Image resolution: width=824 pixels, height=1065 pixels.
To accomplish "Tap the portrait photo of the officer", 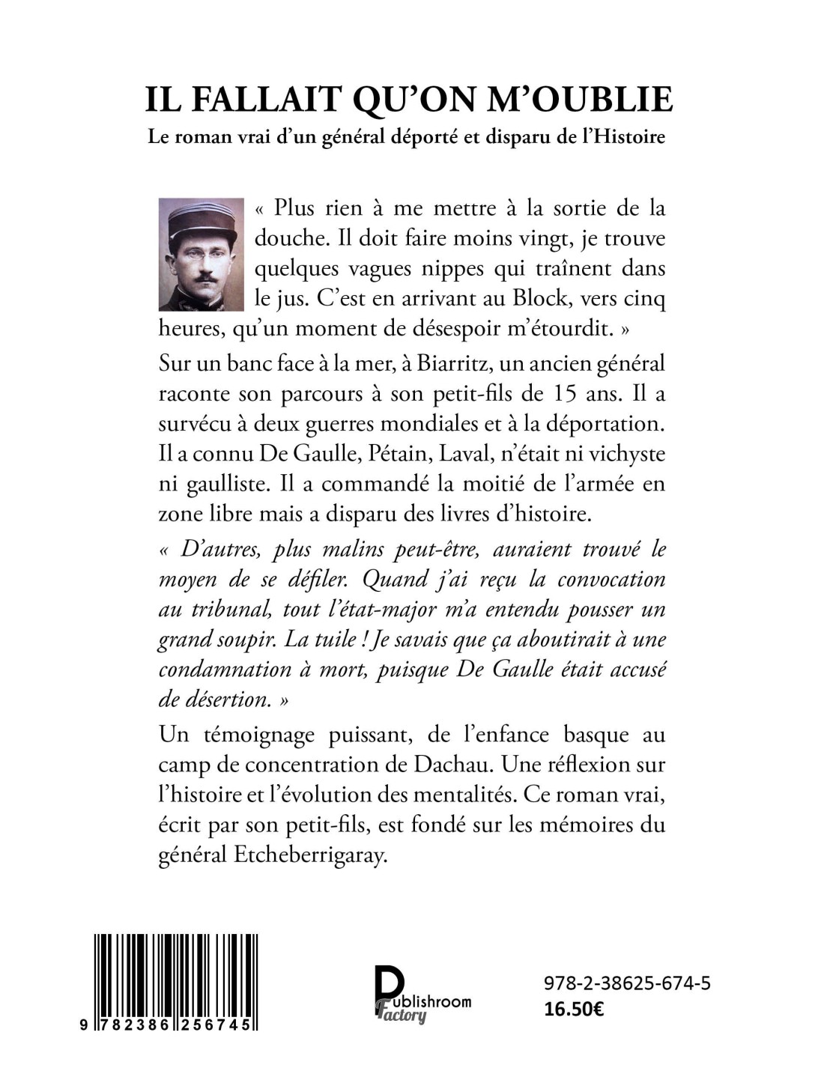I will [202, 254].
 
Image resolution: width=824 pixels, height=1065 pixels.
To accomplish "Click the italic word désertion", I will [223, 699].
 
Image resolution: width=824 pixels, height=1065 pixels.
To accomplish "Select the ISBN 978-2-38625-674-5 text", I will [626, 983].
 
